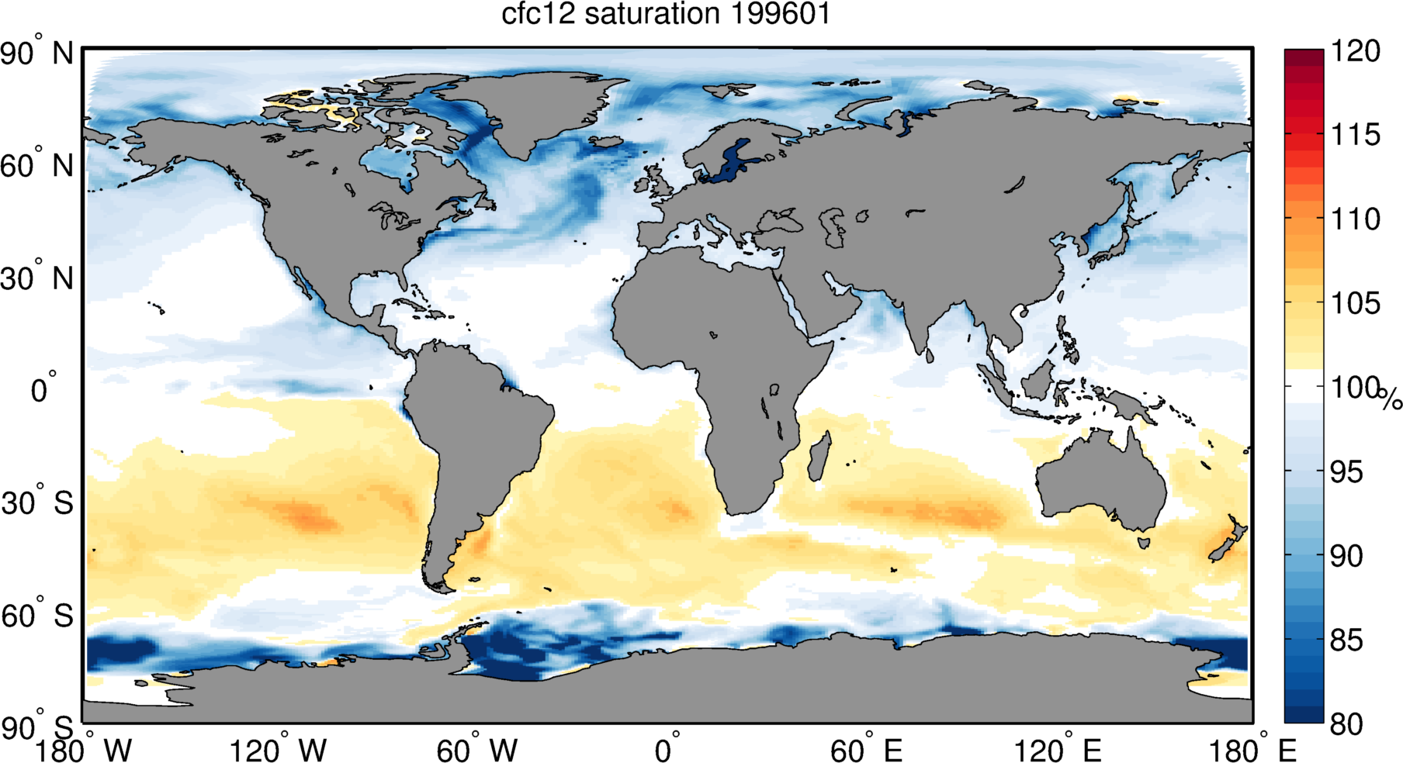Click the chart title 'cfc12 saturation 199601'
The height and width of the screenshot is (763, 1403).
point(665,14)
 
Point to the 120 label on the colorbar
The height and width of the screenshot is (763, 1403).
point(1356,51)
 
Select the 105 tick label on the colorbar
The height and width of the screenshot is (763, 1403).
point(1356,303)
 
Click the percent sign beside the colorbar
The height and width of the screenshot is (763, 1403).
point(1391,399)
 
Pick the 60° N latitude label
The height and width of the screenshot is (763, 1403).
point(37,165)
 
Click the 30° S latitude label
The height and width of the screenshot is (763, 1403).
point(37,503)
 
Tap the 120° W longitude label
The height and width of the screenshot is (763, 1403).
point(278,750)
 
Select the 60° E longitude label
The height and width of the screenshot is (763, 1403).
point(866,750)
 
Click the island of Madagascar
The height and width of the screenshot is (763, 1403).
point(819,457)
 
